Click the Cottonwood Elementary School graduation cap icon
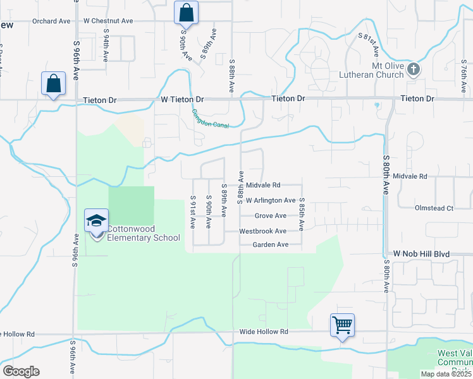pos(96,220)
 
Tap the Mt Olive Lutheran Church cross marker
pos(414,68)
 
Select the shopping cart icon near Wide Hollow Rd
pos(342,325)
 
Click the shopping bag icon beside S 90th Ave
pos(186,12)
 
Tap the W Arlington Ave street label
pos(271,201)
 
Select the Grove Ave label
pos(271,216)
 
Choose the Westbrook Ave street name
pos(263,231)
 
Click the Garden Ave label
pos(270,245)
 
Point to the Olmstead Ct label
pos(434,208)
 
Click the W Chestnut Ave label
pos(108,21)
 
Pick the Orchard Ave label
pos(51,21)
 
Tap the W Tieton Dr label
pos(182,100)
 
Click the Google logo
pos(21,371)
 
